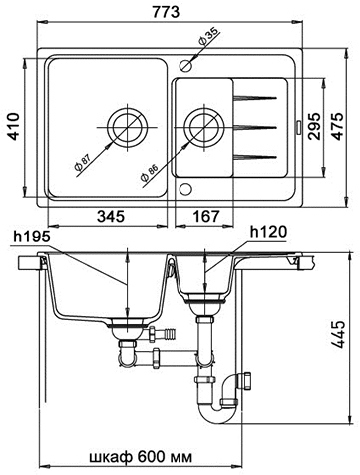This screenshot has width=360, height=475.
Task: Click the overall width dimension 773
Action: [166, 12]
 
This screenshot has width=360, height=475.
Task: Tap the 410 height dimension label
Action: [14, 126]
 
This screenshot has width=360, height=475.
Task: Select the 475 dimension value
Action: [338, 126]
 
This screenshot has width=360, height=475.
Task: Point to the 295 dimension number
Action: [314, 126]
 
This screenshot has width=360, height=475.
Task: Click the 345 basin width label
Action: [111, 217]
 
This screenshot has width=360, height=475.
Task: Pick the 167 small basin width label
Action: [206, 217]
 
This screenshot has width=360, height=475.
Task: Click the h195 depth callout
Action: [32, 237]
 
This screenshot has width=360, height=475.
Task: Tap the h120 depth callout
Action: [268, 232]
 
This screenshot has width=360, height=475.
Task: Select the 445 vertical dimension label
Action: [338, 334]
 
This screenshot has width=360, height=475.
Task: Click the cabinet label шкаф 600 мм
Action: [141, 457]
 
